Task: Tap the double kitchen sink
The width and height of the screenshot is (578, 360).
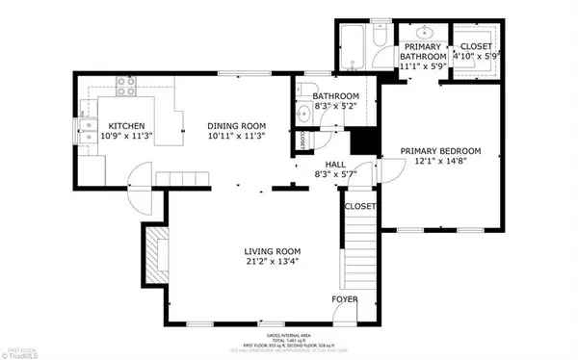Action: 87,124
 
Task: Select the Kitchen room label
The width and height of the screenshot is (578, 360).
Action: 126,126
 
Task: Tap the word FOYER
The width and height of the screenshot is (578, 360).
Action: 345,300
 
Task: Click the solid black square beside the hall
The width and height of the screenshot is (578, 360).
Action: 363,141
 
